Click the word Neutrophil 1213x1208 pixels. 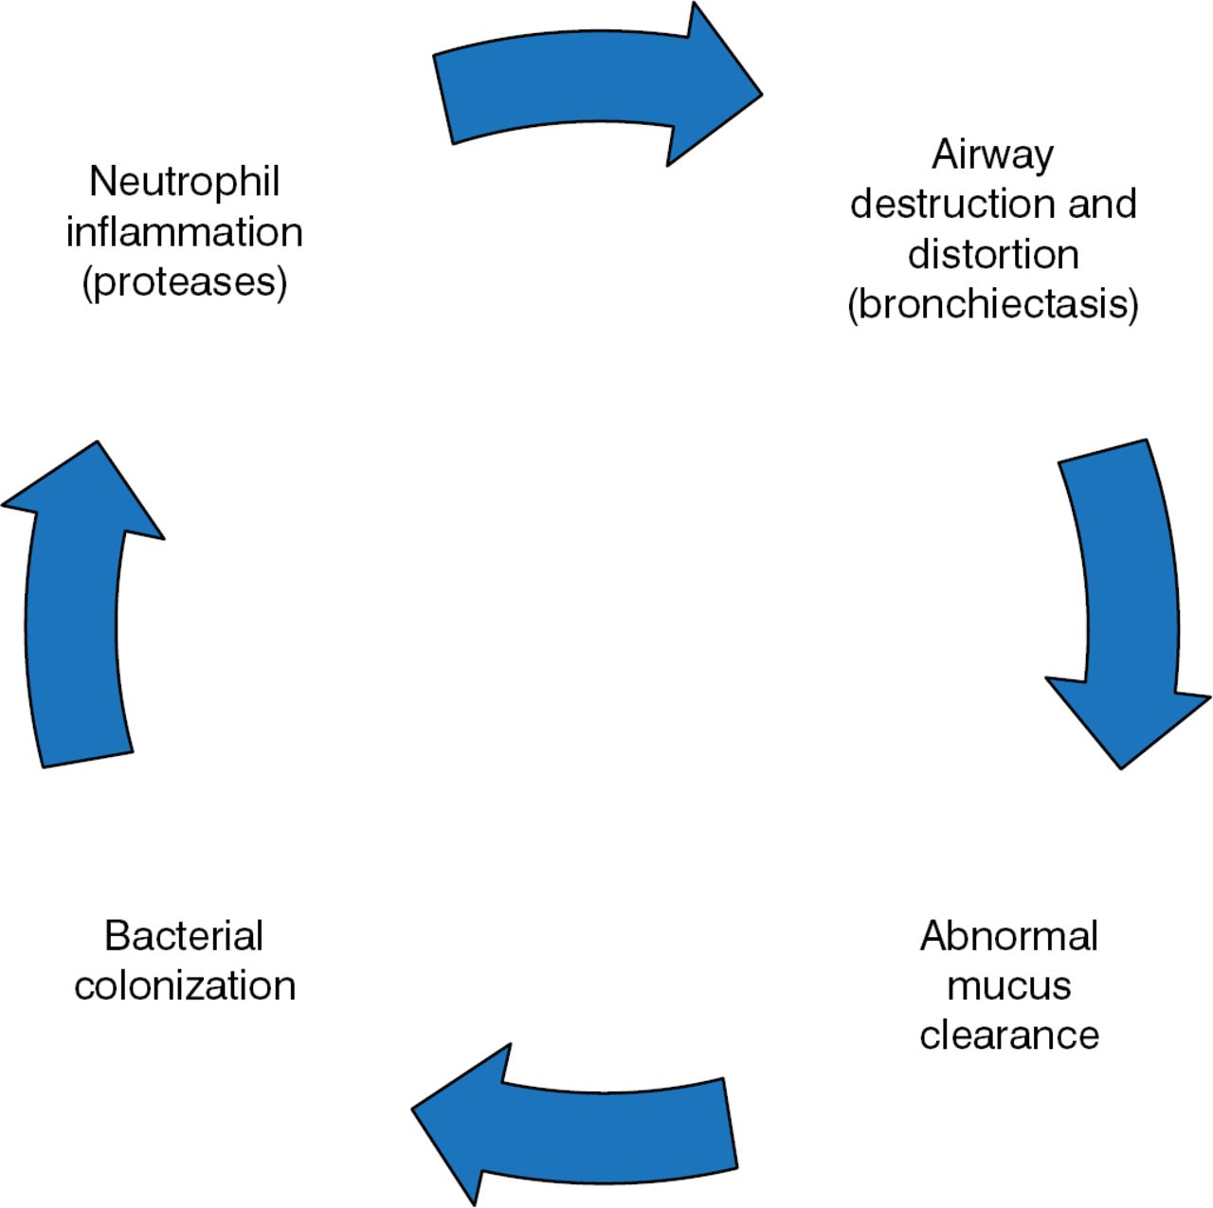(184, 181)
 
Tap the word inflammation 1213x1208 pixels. (184, 232)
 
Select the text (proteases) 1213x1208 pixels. (184, 282)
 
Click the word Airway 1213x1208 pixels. (992, 154)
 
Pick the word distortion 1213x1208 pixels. (992, 254)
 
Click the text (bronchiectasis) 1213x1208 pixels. (992, 304)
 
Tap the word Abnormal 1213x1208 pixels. (1008, 936)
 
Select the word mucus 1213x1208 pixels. (1008, 985)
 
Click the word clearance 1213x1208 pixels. (1008, 1035)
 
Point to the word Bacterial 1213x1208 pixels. (184, 936)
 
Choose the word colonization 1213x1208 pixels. (184, 985)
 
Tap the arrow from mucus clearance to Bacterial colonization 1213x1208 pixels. (588, 1127)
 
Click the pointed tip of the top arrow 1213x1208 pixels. (760, 94)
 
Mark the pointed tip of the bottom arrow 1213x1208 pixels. (414, 1109)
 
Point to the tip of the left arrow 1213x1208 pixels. (98, 443)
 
